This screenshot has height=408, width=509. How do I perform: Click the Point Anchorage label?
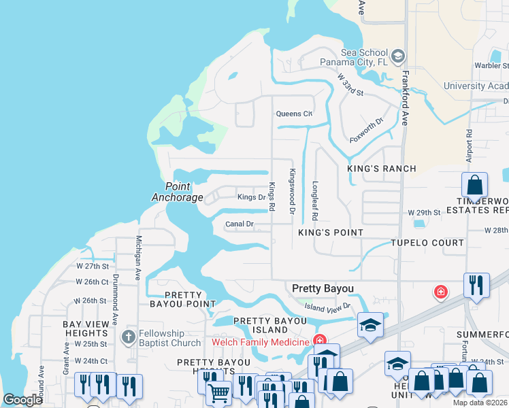click(x=177, y=192)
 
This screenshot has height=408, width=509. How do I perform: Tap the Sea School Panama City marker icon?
click(x=398, y=54)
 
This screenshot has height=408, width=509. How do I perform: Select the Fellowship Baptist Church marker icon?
click(x=129, y=337)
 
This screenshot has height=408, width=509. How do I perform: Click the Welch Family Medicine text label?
click(x=261, y=341)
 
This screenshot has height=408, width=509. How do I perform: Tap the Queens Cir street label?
click(x=294, y=114)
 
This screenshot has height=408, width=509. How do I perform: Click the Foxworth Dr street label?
click(x=367, y=130)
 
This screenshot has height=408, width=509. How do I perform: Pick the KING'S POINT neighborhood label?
click(x=331, y=233)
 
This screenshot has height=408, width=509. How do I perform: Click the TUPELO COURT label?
click(x=427, y=243)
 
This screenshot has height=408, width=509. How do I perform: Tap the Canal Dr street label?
click(x=240, y=224)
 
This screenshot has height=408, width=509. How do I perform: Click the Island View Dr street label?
click(x=327, y=307)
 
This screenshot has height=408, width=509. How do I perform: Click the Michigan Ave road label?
click(x=139, y=258)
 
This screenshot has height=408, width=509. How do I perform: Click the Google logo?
click(x=22, y=401)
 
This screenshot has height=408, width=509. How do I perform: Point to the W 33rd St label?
click(x=350, y=86)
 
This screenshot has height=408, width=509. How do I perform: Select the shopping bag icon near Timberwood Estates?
click(x=475, y=185)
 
